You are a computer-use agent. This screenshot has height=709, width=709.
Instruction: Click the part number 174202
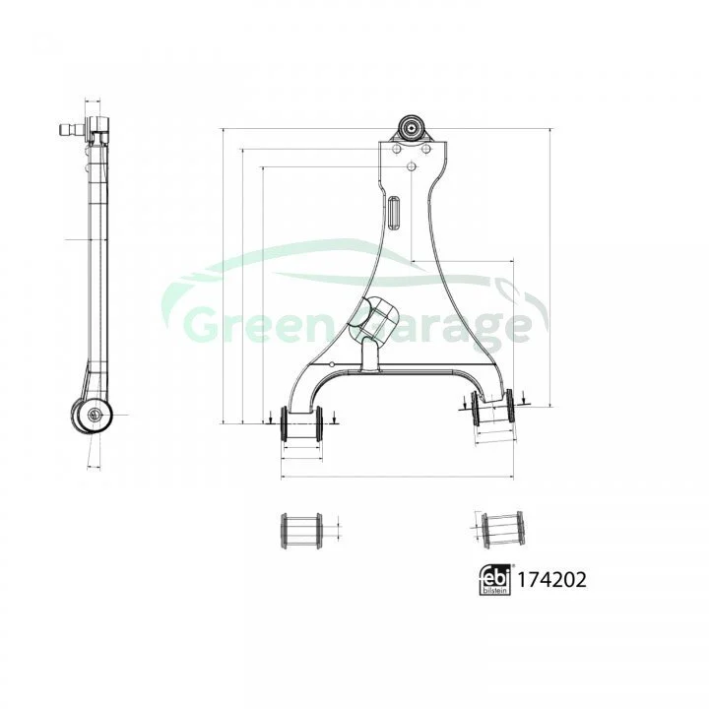click(x=551, y=580)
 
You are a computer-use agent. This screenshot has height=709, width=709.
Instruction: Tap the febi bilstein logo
click(x=494, y=580)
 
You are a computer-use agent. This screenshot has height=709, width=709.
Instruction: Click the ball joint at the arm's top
click(x=411, y=128)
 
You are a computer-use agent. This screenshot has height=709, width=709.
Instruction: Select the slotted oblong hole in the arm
click(x=394, y=212)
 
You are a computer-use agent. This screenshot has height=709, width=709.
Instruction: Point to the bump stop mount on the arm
click(x=373, y=320)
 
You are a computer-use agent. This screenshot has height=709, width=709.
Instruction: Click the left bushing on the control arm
click(x=301, y=424)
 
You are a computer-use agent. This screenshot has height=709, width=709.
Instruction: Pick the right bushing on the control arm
click(x=492, y=408)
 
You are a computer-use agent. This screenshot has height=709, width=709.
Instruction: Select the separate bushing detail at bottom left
click(x=301, y=531)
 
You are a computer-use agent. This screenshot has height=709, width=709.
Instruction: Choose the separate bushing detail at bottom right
click(x=503, y=530)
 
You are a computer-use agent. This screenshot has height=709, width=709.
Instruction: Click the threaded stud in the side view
click(x=72, y=130)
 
